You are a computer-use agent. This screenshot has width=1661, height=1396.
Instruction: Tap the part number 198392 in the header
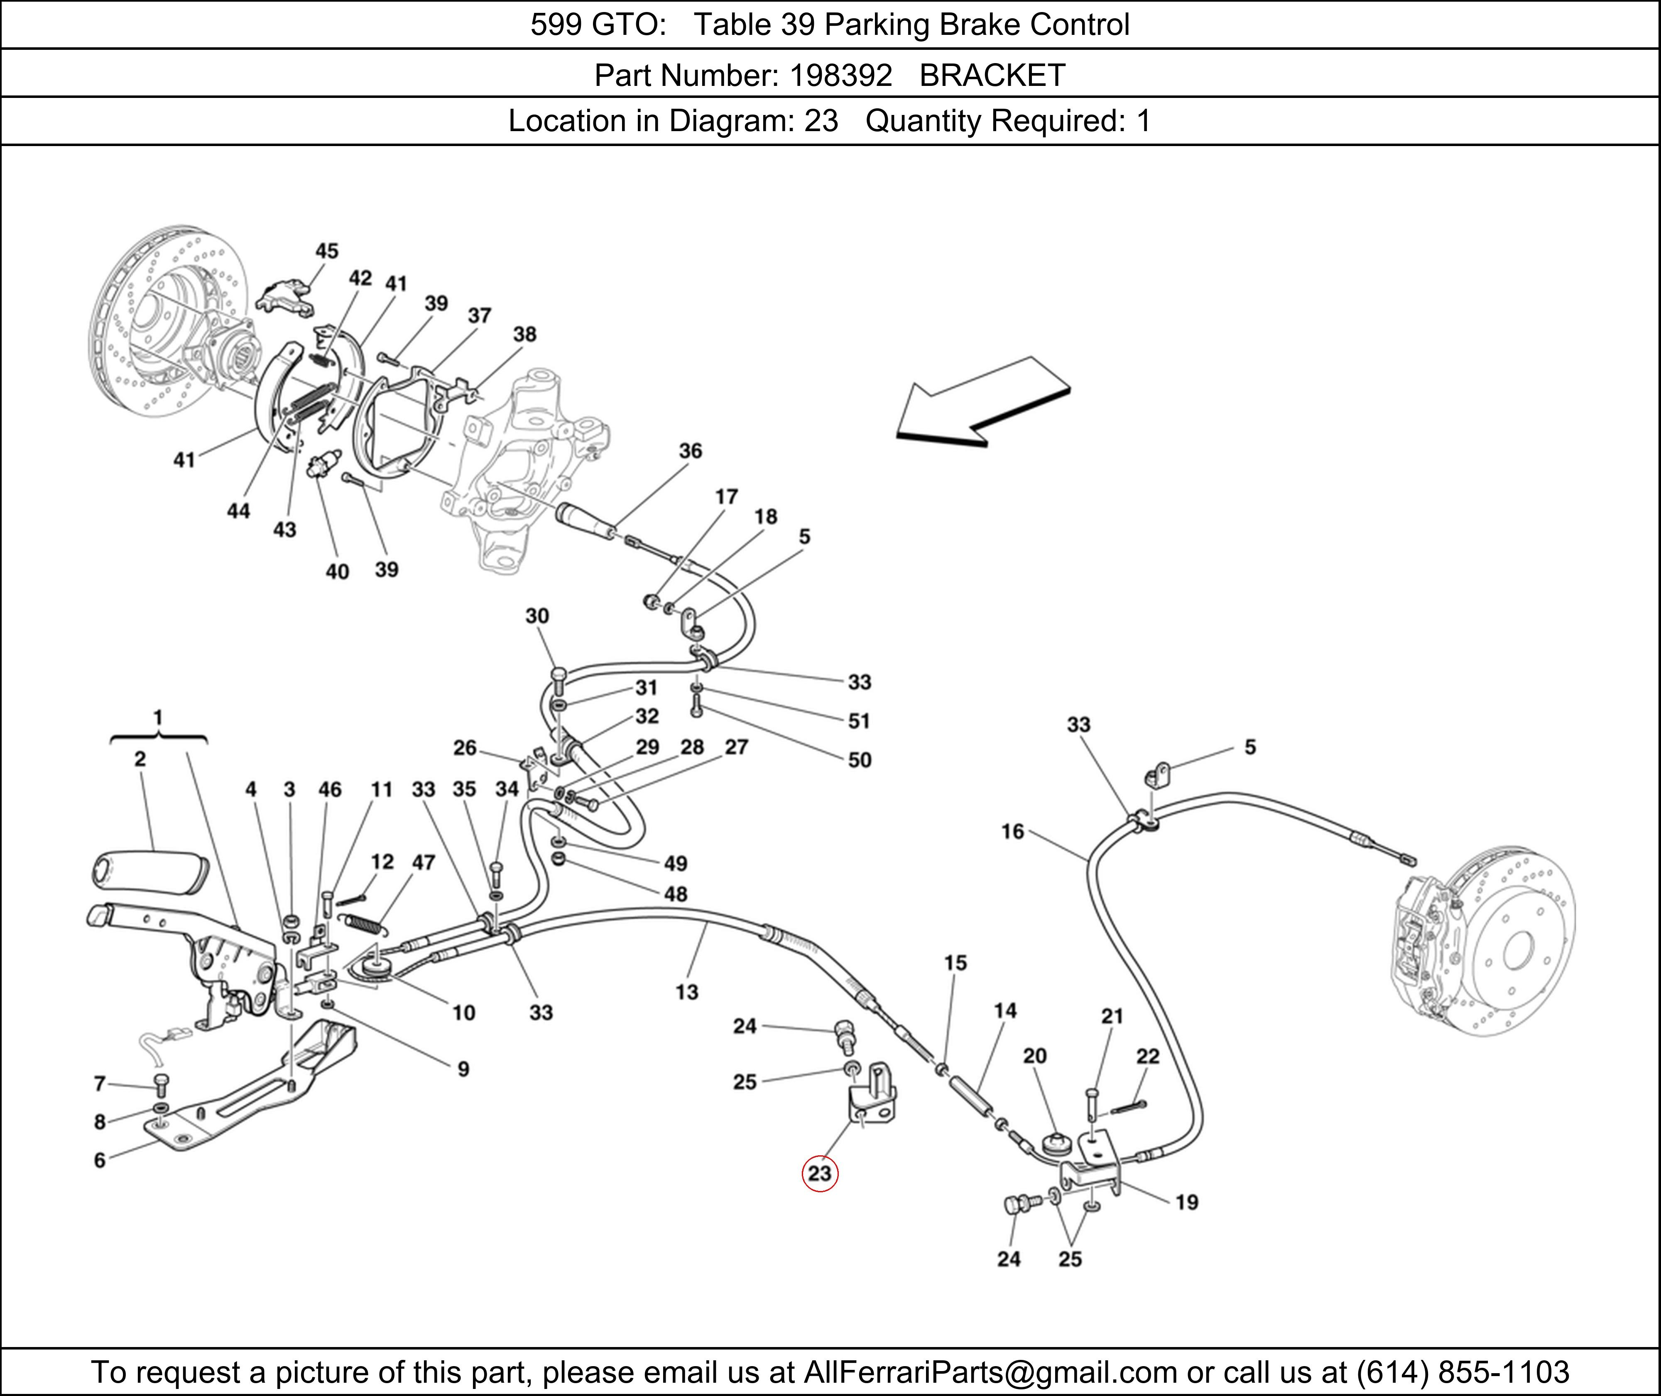tap(841, 75)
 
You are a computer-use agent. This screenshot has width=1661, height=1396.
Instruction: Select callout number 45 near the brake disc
tap(326, 251)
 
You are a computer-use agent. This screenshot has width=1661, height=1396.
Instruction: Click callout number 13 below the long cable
tap(686, 992)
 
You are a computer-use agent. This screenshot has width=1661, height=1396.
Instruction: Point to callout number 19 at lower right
tap(1186, 1202)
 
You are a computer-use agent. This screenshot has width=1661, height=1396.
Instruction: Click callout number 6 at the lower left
tap(100, 1160)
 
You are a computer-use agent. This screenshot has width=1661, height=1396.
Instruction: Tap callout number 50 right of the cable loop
tap(859, 760)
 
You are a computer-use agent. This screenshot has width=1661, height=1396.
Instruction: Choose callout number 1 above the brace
tap(157, 717)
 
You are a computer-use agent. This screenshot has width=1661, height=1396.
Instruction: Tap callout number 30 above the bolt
tap(537, 616)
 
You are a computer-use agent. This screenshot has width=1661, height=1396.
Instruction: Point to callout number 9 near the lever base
tap(463, 1069)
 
